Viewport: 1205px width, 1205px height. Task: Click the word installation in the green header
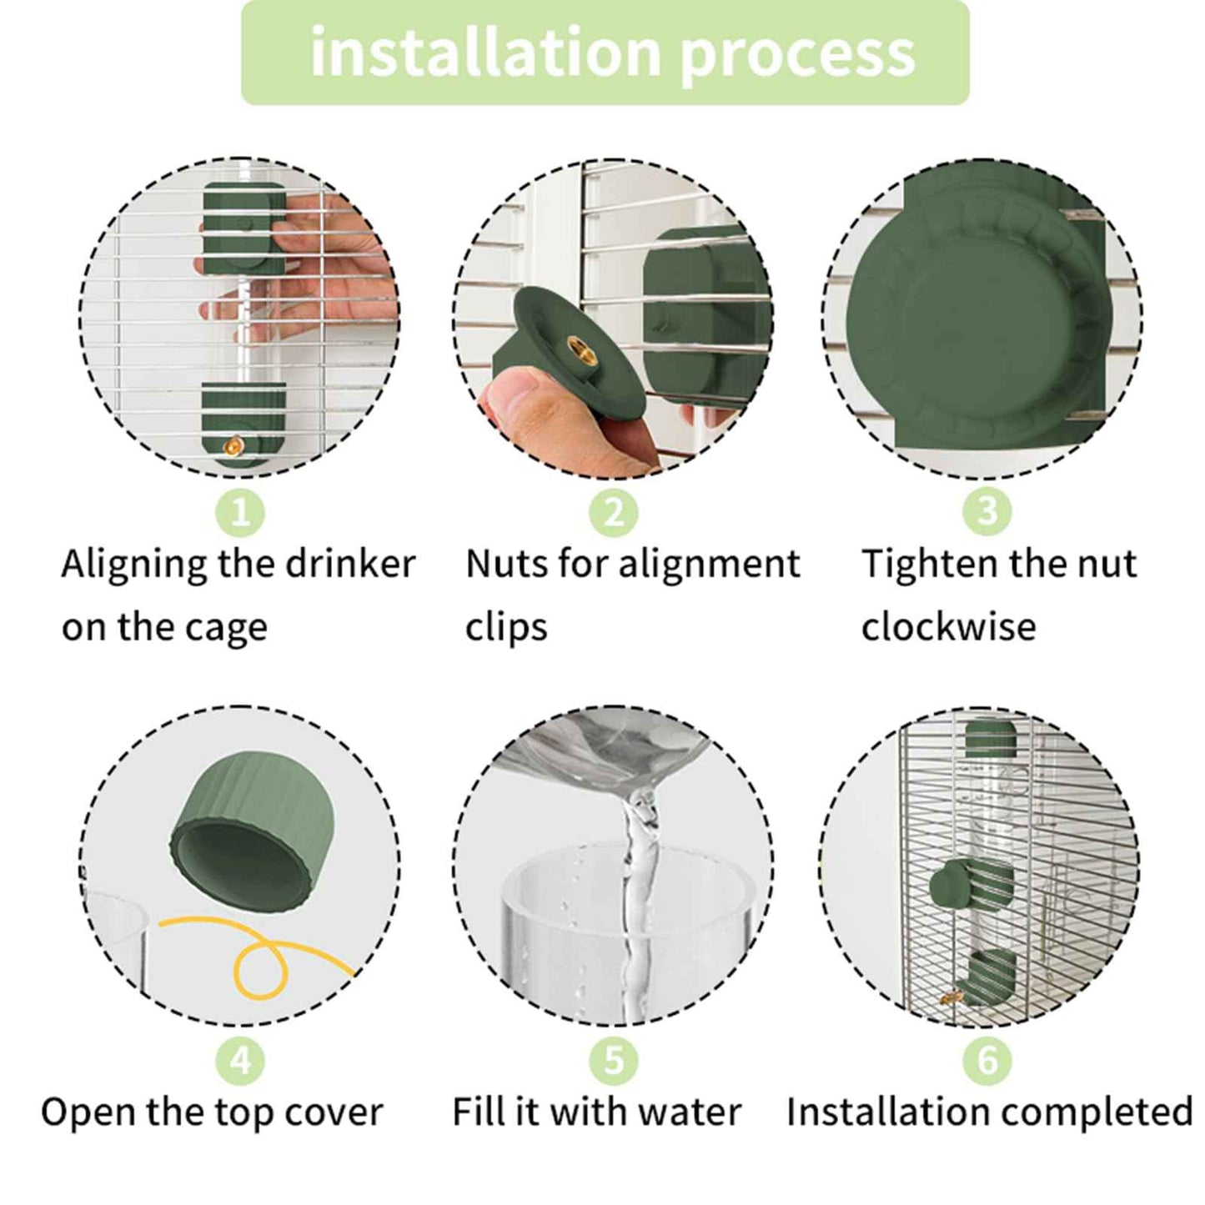click(x=485, y=53)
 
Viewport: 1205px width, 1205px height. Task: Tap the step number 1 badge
click(x=241, y=513)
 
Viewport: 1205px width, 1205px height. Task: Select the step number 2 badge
click(x=614, y=513)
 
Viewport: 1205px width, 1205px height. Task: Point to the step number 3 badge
click(x=987, y=511)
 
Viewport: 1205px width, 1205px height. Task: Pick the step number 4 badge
click(x=241, y=1061)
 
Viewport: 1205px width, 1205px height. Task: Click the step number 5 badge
click(x=614, y=1061)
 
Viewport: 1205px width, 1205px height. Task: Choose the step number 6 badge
click(x=987, y=1061)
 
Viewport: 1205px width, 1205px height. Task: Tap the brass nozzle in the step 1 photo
click(x=233, y=445)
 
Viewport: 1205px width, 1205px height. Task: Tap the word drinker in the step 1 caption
click(x=351, y=564)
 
